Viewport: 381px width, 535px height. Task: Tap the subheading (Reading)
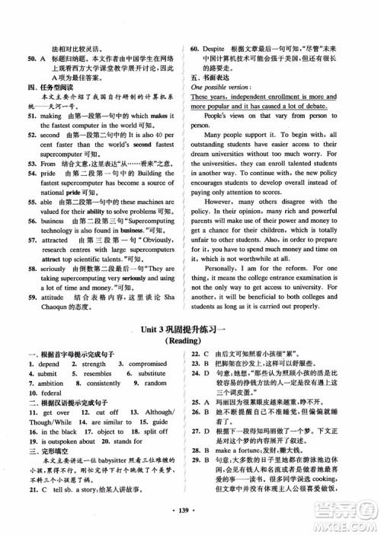click(190, 342)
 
